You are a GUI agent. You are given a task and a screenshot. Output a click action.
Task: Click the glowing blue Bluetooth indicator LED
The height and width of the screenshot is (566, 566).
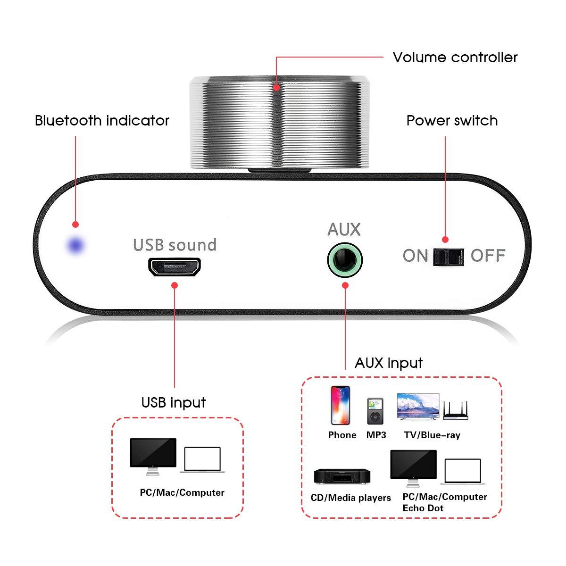75,245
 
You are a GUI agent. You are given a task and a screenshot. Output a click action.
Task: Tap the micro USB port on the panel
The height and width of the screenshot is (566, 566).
175,267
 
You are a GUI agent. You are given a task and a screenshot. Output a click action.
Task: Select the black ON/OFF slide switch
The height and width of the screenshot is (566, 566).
449,257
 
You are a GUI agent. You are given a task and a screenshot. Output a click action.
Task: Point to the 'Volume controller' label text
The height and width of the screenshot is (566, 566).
455,58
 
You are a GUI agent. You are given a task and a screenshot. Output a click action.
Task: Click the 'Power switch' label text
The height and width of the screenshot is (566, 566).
452,121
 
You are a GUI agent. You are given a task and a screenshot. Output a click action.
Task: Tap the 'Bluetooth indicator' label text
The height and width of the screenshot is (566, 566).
102,121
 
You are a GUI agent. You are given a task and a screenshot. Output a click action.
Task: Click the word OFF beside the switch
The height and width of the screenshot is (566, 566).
488,256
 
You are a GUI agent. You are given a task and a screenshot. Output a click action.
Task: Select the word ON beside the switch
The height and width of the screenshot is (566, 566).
415,256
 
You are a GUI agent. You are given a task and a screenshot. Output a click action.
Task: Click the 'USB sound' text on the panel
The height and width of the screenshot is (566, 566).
175,245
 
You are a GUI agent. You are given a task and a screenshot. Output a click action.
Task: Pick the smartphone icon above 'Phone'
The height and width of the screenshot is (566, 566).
340,406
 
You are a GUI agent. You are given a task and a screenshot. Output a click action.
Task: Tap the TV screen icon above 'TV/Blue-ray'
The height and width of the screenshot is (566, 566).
418,407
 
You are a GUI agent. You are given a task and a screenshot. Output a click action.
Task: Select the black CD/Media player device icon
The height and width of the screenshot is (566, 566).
342,476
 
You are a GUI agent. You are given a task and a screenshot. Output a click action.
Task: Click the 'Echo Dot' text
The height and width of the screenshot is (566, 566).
423,508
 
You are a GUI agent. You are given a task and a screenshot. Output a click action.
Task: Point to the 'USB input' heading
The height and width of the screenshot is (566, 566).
174,402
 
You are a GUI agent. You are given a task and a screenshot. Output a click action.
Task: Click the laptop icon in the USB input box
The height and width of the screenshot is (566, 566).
202,459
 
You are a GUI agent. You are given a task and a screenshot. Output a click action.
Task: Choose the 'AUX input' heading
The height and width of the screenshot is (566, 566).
389,363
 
